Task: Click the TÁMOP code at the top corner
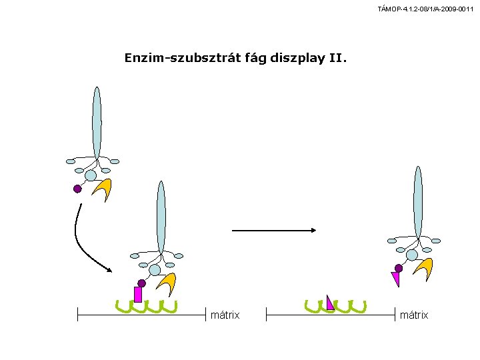pos(425,9)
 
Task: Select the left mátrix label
pos(225,315)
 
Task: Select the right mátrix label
pos(414,315)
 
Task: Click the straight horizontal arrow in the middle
pos(274,230)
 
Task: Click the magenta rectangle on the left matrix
pos(138,295)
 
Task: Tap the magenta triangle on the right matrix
pos(330,303)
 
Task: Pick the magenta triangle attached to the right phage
pos(396,278)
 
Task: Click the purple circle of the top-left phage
pos(77,189)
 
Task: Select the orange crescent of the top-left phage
pos(104,187)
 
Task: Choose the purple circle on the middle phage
pos(141,283)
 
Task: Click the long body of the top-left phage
pos(97,123)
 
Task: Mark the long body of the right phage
pos(418,203)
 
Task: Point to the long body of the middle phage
pos(161,217)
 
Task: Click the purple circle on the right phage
pos(399,269)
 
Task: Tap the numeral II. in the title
pos(338,57)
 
